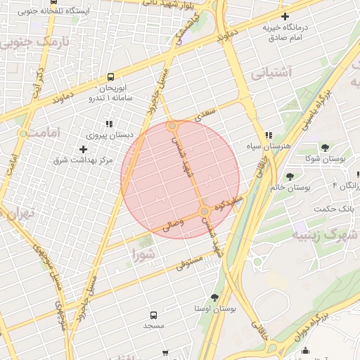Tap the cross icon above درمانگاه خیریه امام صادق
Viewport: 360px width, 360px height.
pos(284,16)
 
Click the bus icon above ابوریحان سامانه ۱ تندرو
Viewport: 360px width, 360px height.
pos(110,78)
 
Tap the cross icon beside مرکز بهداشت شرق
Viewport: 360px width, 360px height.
pos(84,149)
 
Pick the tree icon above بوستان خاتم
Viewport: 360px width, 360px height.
pos(290,176)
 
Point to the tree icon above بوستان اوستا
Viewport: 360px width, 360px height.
pos(214,297)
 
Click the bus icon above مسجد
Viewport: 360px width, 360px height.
pos(153,316)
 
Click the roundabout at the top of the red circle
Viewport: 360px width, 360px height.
pos(172,126)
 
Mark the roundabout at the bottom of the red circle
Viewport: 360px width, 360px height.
pos(204,211)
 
